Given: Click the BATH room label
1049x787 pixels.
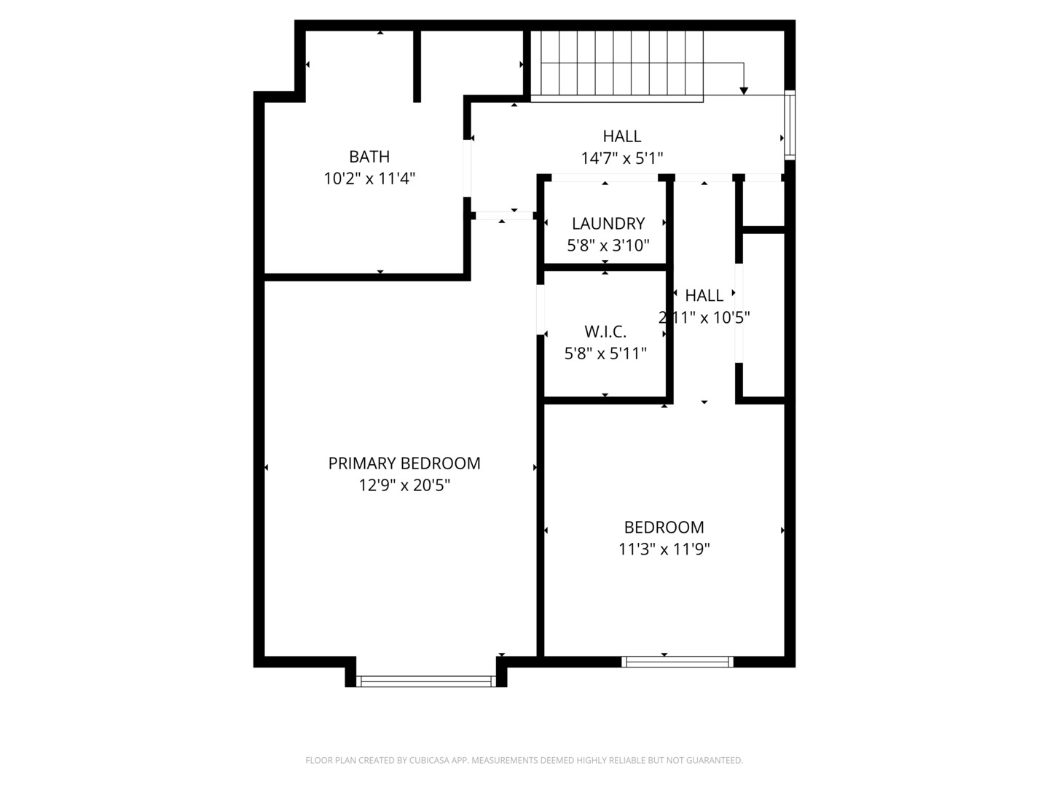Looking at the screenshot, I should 369,157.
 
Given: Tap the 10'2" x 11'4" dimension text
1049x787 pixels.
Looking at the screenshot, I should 369,179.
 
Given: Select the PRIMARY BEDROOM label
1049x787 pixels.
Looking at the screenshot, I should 404,463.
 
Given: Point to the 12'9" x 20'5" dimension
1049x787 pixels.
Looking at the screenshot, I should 404,485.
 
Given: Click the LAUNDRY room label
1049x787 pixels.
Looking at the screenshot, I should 608,224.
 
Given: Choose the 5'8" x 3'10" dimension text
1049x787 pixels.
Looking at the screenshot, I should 608,246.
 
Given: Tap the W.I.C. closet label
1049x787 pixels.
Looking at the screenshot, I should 605,332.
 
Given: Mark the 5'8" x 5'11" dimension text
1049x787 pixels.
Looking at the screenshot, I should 605,354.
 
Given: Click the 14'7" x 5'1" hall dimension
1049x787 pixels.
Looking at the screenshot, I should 622,158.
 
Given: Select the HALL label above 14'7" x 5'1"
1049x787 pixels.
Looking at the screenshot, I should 622,136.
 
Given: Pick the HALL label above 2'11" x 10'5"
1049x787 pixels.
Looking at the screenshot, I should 704,296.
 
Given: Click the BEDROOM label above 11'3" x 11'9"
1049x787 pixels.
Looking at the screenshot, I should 664,528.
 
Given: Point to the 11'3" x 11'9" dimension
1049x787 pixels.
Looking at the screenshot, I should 664,549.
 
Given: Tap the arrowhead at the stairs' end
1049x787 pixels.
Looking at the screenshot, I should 744,90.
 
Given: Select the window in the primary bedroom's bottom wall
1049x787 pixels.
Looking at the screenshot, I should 426,681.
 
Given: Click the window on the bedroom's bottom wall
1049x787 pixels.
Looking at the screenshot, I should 677,662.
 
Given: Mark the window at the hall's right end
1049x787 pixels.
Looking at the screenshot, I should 790,125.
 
